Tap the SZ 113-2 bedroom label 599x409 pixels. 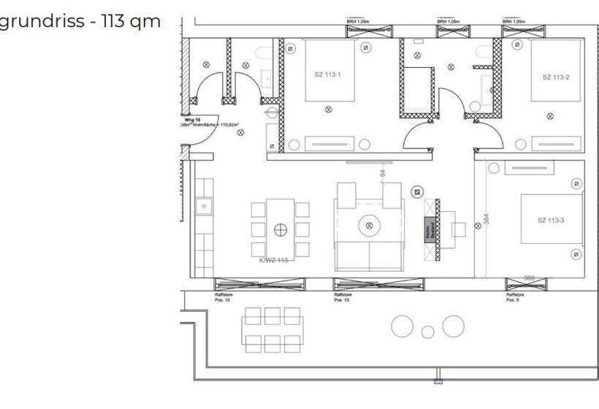tap(555, 77)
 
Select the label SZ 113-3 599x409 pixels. tap(550, 221)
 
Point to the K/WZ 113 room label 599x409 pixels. tap(273, 259)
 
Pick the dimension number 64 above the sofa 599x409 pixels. tap(382, 174)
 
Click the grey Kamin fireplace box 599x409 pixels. tap(430, 230)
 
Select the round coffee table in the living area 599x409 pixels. tap(369, 226)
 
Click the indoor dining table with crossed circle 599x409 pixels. tap(280, 229)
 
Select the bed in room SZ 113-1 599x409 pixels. tap(329, 71)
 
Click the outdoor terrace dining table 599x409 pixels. tap(272, 329)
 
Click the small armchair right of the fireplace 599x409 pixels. tap(459, 229)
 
